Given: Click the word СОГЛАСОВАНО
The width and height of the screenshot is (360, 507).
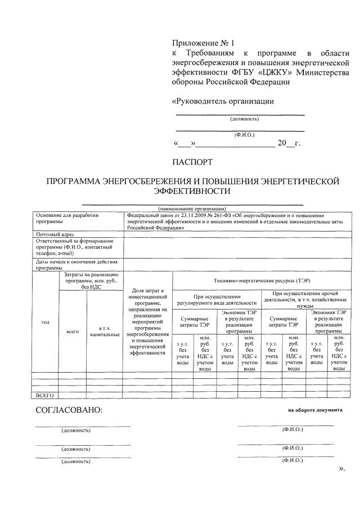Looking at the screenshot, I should [x=69, y=410].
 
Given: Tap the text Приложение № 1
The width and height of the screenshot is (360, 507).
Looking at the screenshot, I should [x=202, y=42].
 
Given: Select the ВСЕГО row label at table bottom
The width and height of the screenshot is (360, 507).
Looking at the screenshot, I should [x=44, y=395].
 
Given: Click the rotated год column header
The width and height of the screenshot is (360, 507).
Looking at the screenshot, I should [x=44, y=322].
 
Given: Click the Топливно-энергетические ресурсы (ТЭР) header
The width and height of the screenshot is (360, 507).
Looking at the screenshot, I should [x=262, y=280].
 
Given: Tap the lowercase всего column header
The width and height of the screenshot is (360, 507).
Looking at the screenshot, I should [x=72, y=331].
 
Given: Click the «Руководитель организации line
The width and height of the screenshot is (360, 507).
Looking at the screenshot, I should [x=222, y=102].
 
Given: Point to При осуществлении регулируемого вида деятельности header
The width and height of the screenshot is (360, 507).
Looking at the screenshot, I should [x=217, y=299].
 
